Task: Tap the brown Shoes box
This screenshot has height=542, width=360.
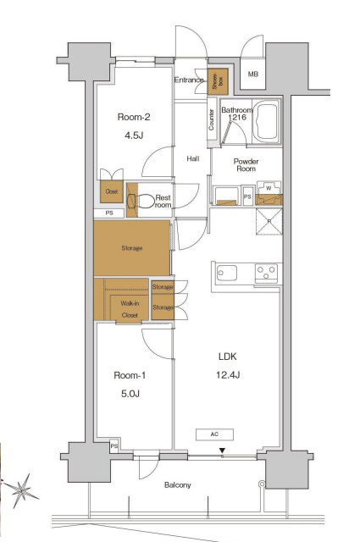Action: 219,80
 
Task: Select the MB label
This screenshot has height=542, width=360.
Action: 252,75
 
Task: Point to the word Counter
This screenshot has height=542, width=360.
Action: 210,121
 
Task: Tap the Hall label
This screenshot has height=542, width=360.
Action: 192,158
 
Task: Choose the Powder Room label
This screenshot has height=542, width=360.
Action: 246,164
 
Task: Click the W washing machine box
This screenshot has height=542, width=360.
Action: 269,188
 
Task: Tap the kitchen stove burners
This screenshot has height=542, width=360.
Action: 267,273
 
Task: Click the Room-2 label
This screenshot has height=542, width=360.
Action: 134,119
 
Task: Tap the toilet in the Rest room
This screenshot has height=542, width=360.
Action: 147,202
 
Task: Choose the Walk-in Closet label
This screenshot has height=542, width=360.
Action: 129,308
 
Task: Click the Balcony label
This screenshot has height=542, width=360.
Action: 177,485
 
